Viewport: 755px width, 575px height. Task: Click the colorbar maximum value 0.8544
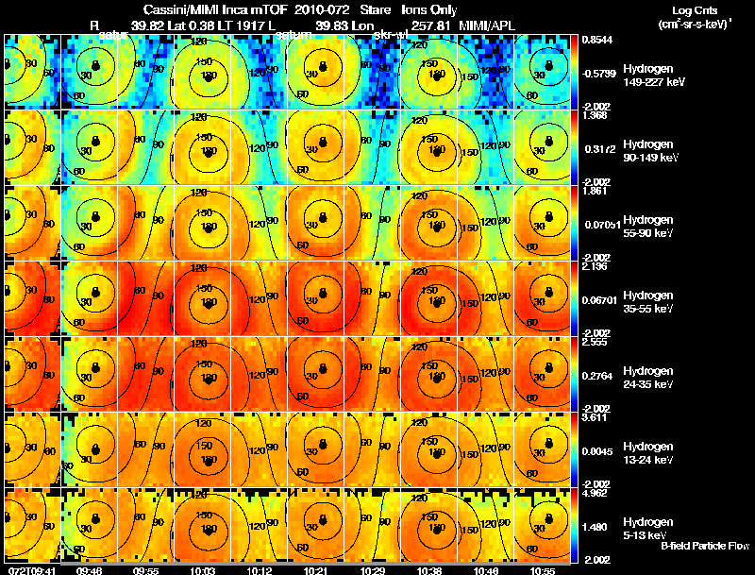(x=595, y=40)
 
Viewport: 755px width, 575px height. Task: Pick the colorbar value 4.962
(x=595, y=492)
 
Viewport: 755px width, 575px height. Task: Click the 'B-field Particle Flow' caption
(x=705, y=545)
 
